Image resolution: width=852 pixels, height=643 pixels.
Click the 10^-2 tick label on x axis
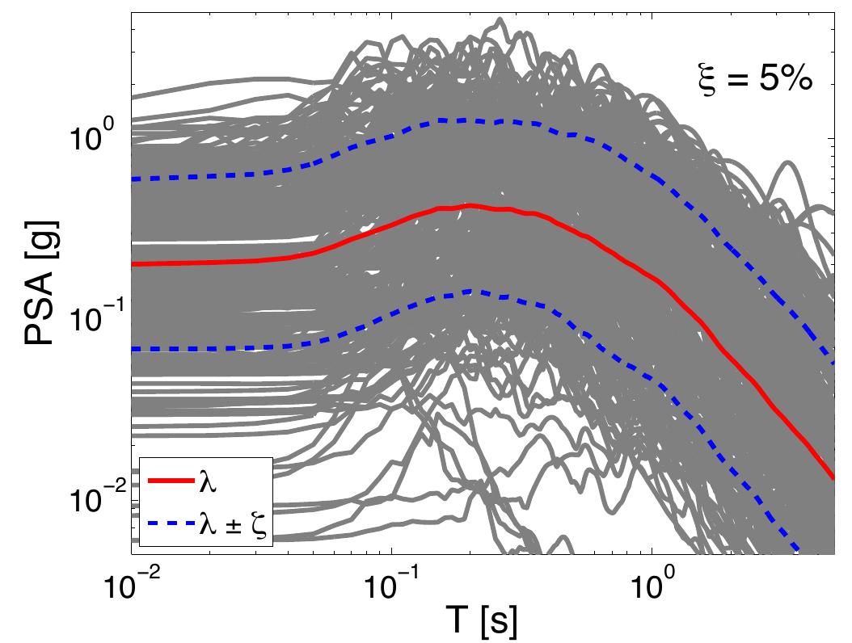coord(133,584)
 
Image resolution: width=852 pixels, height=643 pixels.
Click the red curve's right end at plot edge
coord(833,478)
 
